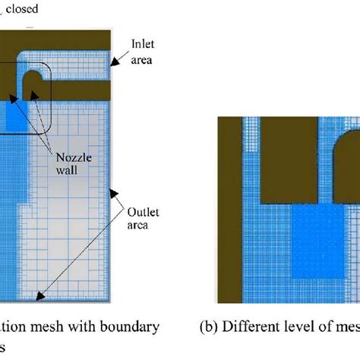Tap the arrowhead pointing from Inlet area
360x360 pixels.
[115, 58]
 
